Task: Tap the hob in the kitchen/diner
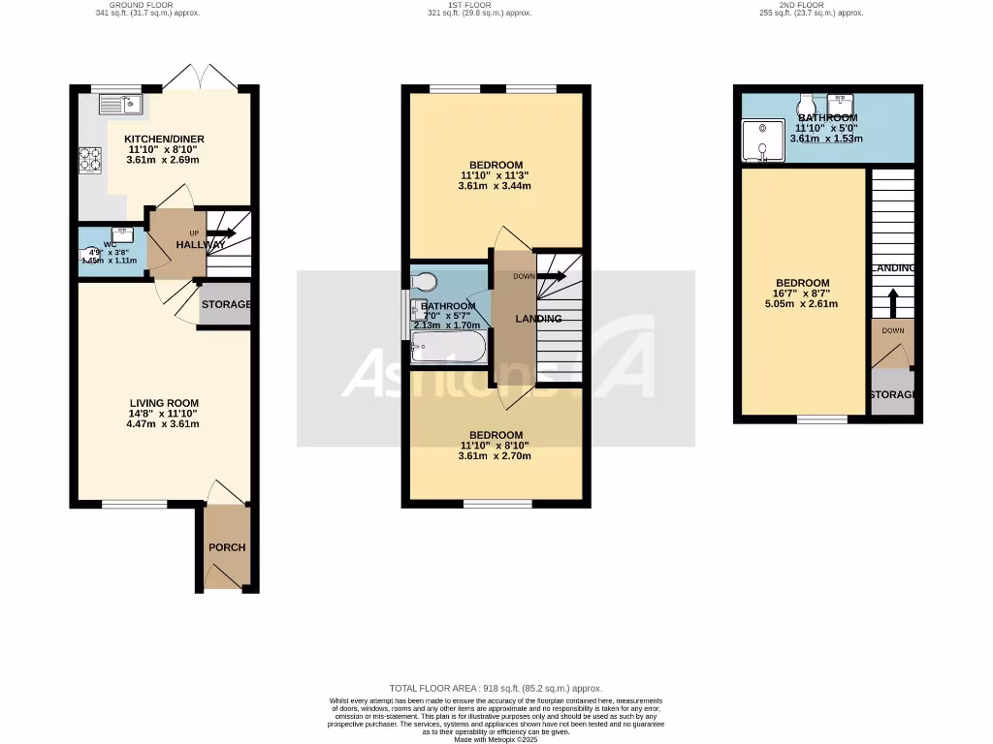coord(90,159)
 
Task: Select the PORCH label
coord(227,547)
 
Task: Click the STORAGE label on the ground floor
coord(225,305)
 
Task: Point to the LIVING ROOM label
coord(165,403)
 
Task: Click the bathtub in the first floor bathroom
coord(448,346)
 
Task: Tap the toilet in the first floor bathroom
coord(425,281)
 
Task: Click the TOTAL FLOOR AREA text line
coord(496,686)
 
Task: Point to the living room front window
coord(134,504)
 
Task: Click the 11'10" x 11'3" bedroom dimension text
coord(495,175)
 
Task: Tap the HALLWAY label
coord(201,245)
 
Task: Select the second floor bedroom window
coord(821,419)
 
